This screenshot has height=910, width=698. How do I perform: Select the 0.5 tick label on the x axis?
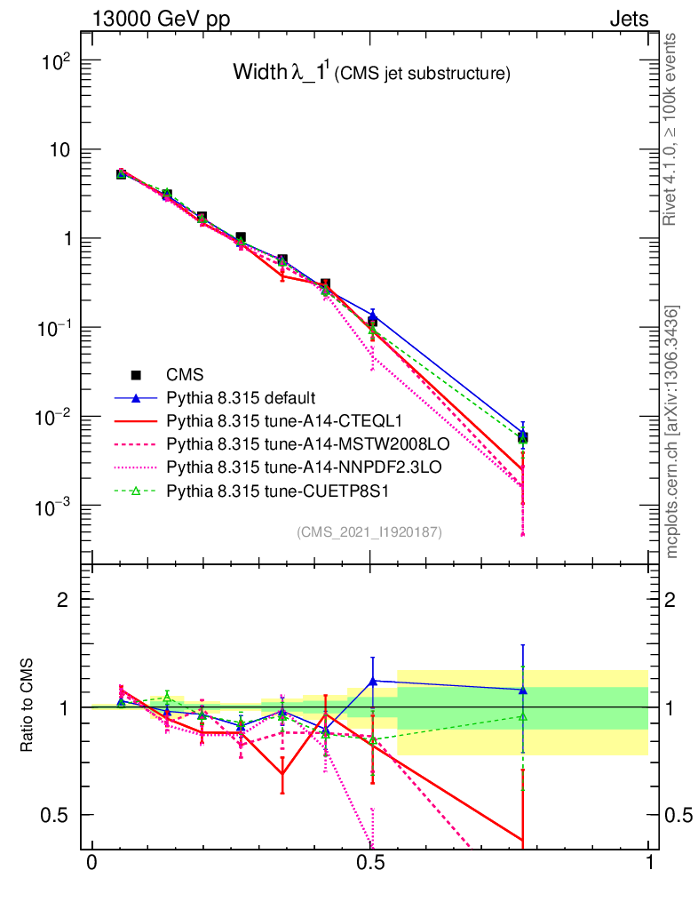[371, 863]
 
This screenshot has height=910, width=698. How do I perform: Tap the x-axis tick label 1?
[649, 863]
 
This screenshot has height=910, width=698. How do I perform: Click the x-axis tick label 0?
[91, 863]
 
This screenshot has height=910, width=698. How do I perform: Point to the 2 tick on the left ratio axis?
[63, 599]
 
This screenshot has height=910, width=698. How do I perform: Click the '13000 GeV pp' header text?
[160, 19]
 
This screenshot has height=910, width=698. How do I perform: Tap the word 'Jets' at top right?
[629, 19]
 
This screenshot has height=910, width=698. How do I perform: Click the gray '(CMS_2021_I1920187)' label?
[369, 532]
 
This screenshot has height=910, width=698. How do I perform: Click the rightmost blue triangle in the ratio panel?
[523, 690]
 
